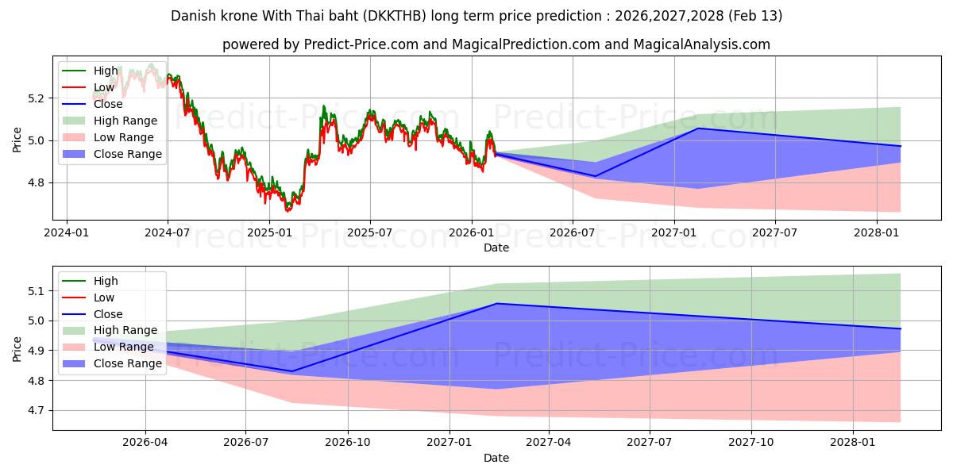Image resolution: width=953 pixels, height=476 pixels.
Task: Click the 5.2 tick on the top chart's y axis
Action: tap(37, 98)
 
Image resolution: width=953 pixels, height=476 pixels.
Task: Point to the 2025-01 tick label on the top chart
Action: tap(269, 232)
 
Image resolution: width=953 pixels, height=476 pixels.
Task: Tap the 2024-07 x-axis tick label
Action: tap(168, 232)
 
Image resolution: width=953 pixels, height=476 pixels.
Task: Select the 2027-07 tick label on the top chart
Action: tap(774, 232)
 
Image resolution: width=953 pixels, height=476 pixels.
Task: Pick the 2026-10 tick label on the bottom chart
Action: tap(348, 443)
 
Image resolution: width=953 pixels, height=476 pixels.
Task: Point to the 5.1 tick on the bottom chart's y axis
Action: tap(37, 291)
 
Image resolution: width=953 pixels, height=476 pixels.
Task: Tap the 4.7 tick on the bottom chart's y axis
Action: tap(37, 411)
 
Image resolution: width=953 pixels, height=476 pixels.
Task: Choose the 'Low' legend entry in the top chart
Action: tap(104, 87)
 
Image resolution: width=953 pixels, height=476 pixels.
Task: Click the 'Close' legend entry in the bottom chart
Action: tap(108, 314)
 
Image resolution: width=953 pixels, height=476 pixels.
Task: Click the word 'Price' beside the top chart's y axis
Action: tap(17, 139)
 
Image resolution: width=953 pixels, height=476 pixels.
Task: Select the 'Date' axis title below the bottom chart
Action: tap(496, 458)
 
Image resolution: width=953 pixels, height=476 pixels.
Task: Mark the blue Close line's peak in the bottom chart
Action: tap(497, 303)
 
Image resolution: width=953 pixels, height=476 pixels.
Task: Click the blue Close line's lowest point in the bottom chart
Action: tap(291, 371)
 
